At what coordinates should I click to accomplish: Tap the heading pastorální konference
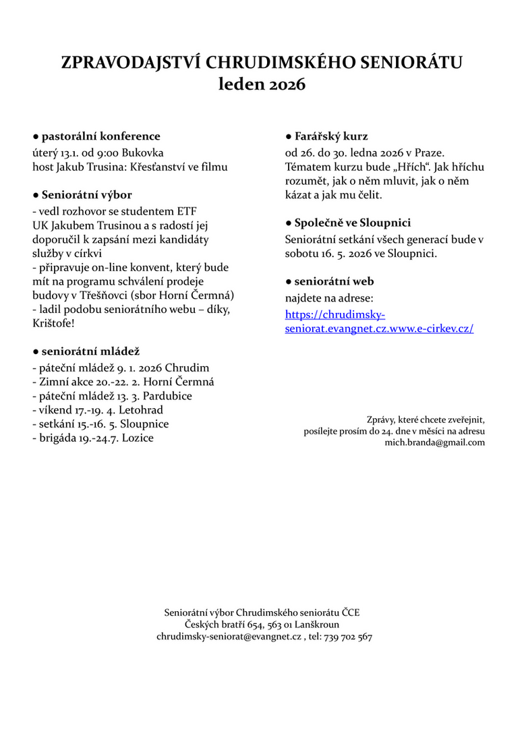[x=100, y=136]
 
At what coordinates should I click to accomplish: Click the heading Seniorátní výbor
[x=87, y=196]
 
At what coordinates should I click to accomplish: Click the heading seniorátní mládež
[x=90, y=351]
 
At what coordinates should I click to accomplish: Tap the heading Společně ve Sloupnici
[x=352, y=223]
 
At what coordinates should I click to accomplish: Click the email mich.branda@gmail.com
[x=434, y=443]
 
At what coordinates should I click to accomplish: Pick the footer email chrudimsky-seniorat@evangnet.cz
[x=229, y=636]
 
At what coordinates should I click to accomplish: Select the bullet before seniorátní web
[x=288, y=282]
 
